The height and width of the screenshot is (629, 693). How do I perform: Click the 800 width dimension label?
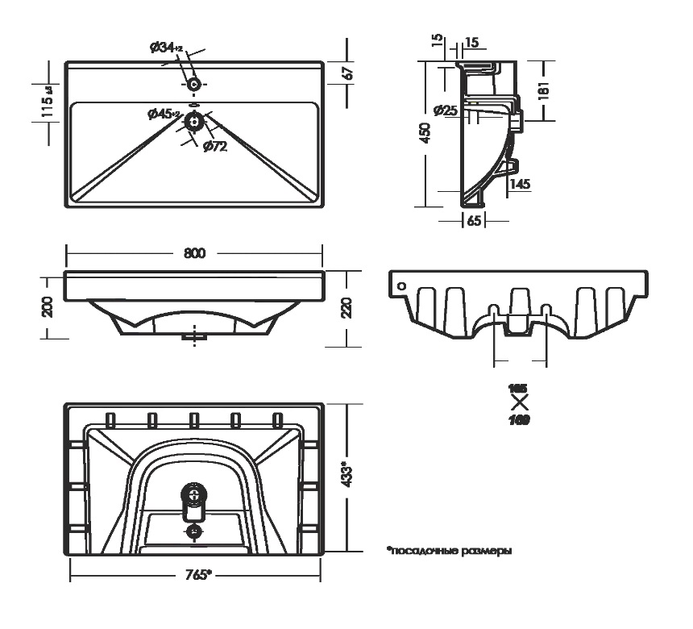click(193, 252)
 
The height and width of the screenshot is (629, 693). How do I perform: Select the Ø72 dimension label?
click(214, 146)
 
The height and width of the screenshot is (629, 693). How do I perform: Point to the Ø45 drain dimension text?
click(164, 115)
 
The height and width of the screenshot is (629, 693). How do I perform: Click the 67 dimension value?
click(348, 72)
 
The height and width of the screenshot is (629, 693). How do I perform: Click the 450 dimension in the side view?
click(425, 134)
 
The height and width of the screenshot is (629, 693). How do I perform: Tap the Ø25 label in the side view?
click(446, 110)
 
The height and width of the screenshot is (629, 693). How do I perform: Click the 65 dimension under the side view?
click(474, 220)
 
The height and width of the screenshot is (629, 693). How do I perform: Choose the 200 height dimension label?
click(48, 306)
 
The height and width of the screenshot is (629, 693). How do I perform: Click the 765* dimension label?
click(195, 576)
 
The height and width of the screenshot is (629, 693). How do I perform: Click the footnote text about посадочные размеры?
click(450, 552)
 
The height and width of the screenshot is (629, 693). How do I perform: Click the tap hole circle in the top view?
click(193, 84)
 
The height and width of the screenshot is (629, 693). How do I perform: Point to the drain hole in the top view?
click(193, 122)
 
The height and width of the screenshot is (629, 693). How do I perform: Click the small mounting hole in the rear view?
click(400, 284)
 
